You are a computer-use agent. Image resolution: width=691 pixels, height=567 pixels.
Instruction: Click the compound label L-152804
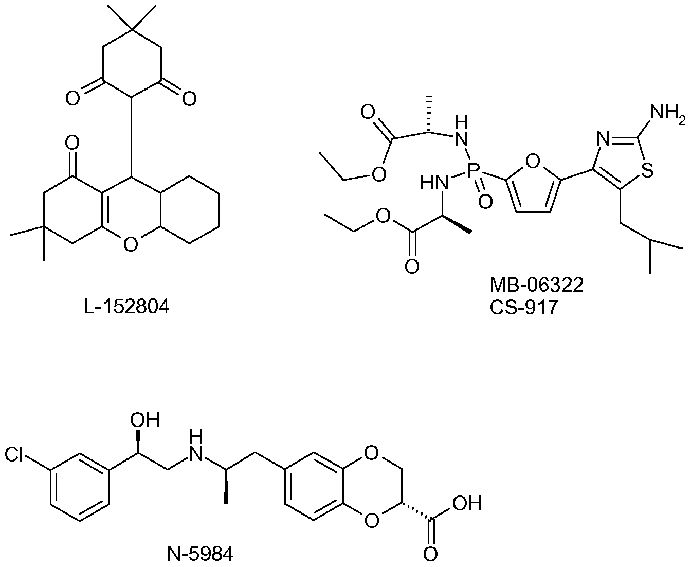coord(126,307)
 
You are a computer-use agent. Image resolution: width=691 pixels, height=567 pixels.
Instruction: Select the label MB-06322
coord(537,285)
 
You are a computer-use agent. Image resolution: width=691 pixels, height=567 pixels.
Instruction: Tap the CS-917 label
coord(523,308)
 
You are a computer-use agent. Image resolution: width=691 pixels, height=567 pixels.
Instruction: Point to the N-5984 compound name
coord(200,555)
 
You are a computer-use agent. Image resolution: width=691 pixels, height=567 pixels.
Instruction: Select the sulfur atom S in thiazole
coord(647,170)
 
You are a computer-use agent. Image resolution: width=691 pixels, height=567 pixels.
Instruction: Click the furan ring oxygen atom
coord(533,162)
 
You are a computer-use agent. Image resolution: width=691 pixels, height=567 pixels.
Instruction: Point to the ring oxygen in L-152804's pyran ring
coord(131,244)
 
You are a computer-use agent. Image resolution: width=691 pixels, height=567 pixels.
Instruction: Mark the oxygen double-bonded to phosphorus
coord(485,201)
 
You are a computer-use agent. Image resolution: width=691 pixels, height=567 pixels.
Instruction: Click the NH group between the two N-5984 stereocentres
coord(196,446)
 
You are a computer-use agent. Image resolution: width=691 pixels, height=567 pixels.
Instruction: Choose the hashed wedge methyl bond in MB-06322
coord(428,114)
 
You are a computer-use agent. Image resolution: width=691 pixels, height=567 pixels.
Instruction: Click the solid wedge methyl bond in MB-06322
coord(457,225)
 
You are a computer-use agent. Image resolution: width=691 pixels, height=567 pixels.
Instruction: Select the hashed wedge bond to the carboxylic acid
coord(416,510)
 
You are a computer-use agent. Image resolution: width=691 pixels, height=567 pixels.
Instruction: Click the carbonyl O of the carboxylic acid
coord(430,555)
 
